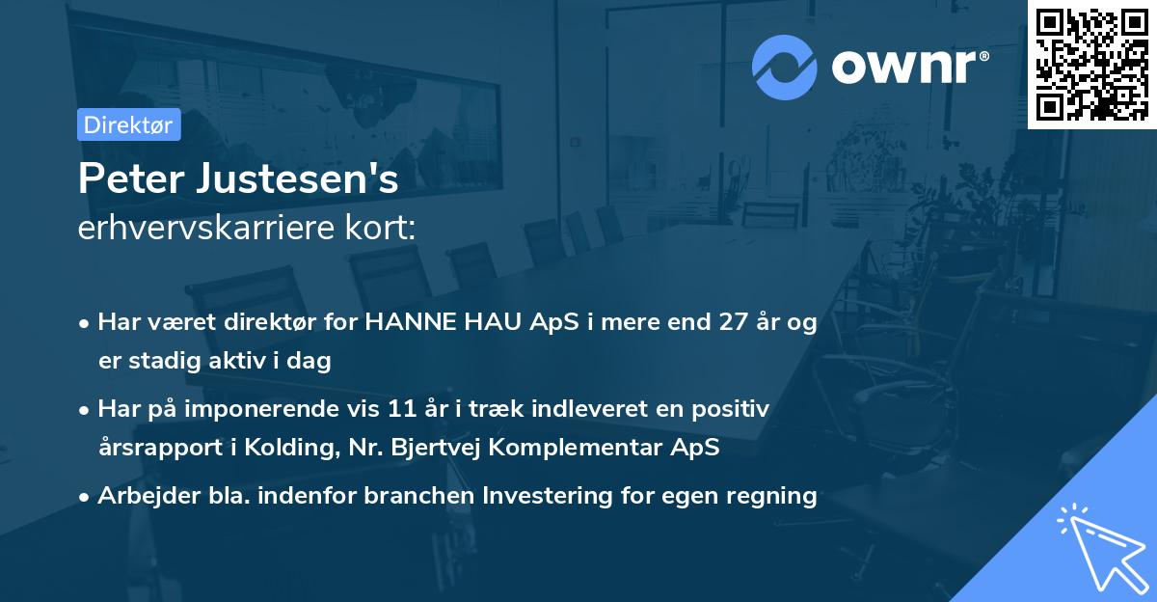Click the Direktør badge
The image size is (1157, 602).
point(128,124)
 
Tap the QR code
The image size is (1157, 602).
point(1091,64)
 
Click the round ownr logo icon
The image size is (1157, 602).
point(785,67)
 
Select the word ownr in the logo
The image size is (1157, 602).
point(906,67)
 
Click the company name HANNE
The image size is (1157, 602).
point(402,322)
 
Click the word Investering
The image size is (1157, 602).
point(539,496)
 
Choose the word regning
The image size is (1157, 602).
point(776,496)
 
